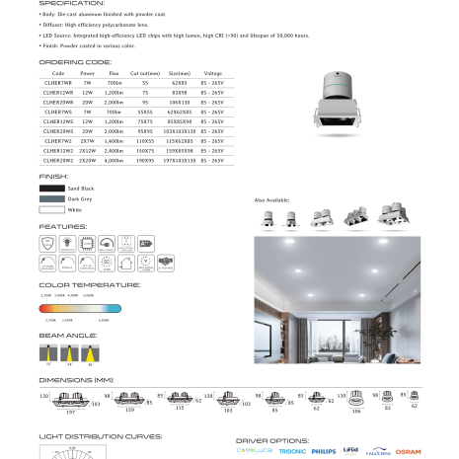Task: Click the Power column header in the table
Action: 88,74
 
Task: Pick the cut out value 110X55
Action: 146,141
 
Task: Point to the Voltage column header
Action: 212,74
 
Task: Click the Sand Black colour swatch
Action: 51,187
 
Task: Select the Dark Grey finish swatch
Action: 51,198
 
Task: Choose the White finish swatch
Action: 51,210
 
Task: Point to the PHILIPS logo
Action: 324,451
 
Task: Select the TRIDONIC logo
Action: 292,451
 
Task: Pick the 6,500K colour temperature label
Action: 103,320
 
